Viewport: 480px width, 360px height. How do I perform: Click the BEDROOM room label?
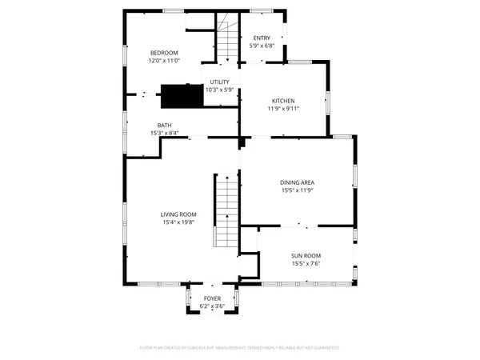(x=164, y=53)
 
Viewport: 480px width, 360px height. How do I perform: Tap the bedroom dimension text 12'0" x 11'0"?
(x=164, y=61)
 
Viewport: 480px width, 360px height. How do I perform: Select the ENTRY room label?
(x=262, y=38)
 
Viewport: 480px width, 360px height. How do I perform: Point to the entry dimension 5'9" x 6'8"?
(x=262, y=46)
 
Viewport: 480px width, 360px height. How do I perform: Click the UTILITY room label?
(x=219, y=82)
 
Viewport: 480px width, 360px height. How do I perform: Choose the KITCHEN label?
(x=283, y=101)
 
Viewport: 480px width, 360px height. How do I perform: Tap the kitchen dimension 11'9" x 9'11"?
(x=283, y=109)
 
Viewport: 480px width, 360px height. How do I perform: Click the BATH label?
(x=164, y=125)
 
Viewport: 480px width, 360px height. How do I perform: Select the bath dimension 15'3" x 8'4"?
(x=164, y=133)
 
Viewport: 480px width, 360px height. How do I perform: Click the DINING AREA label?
(x=297, y=182)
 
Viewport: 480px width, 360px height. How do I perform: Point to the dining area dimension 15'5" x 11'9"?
(x=297, y=190)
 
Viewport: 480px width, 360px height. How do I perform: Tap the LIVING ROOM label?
(x=178, y=214)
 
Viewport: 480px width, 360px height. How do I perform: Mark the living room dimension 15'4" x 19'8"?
(x=178, y=222)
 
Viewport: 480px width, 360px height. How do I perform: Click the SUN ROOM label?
(x=306, y=255)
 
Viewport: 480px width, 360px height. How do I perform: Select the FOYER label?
(x=212, y=298)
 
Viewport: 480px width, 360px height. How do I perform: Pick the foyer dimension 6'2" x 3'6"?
(x=212, y=306)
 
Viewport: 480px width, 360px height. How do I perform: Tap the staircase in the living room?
(x=226, y=213)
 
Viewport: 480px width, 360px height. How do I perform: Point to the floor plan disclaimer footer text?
(x=239, y=348)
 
